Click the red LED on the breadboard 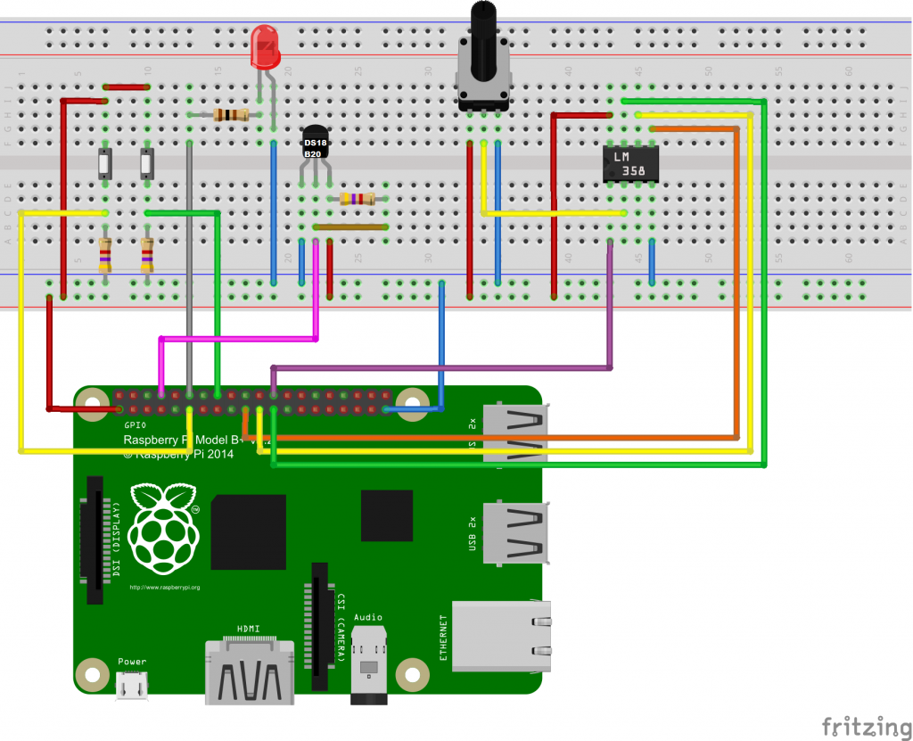pyautogui.click(x=265, y=47)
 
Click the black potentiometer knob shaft pyautogui.click(x=482, y=36)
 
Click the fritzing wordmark pyautogui.click(x=861, y=723)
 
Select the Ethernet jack pyautogui.click(x=499, y=636)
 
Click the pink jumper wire pyautogui.click(x=239, y=339)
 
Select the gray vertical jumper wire pyautogui.click(x=189, y=268)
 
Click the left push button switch pyautogui.click(x=105, y=165)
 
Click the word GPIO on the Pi pyautogui.click(x=135, y=425)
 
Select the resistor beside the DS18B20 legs pyautogui.click(x=358, y=200)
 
